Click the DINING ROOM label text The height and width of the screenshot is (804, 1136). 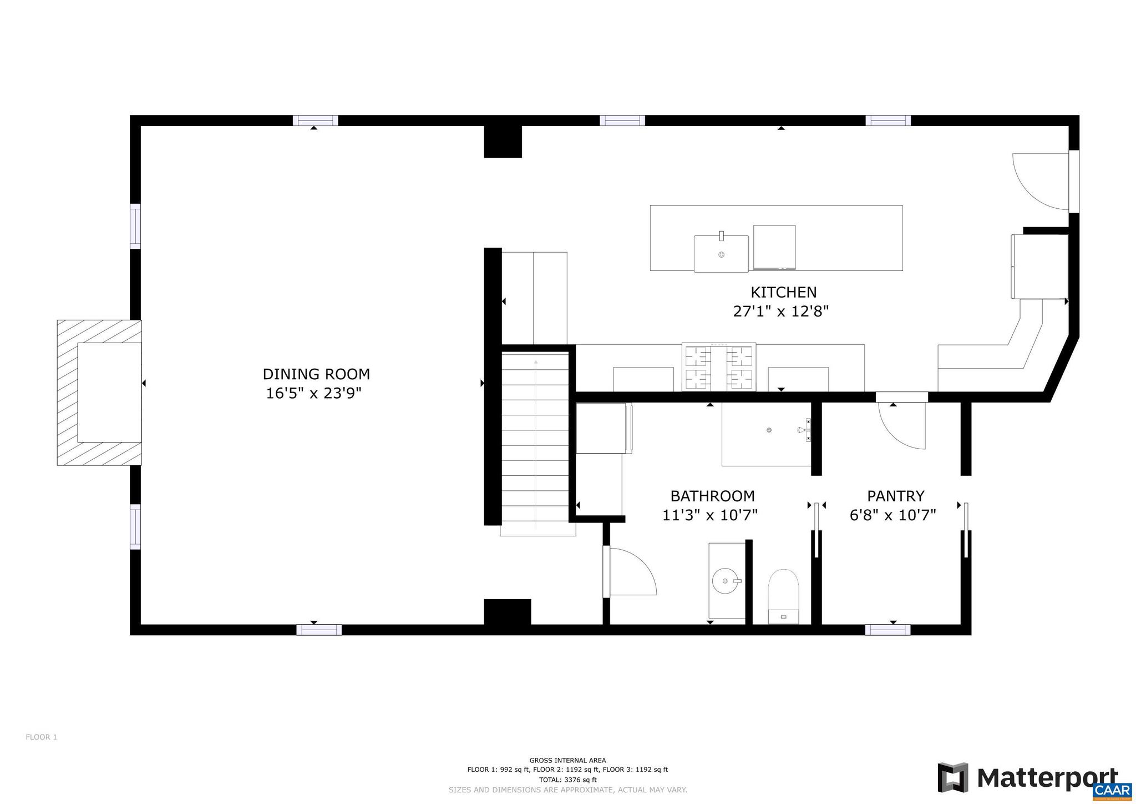(316, 374)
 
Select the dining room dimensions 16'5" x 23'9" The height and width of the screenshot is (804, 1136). (313, 394)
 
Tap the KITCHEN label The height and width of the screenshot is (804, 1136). (783, 292)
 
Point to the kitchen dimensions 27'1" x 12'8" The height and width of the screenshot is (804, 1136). (780, 311)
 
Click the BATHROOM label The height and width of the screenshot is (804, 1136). (712, 496)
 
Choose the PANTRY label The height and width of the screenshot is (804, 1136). (895, 496)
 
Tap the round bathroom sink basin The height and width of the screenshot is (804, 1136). (725, 581)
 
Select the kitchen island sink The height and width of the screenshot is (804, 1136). (721, 254)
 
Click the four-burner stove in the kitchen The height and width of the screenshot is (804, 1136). (718, 367)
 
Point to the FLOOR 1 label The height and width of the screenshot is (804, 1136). (42, 737)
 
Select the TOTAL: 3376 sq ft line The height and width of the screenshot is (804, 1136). (567, 780)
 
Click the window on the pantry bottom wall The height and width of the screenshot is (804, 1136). (887, 630)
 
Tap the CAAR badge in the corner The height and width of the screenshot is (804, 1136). (1113, 790)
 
